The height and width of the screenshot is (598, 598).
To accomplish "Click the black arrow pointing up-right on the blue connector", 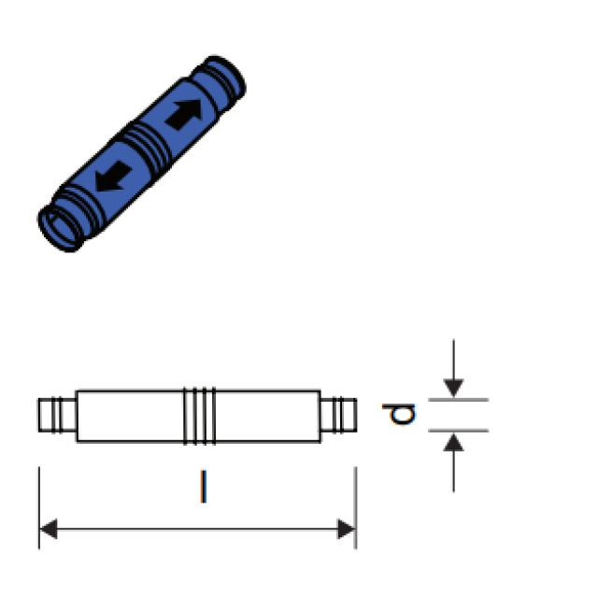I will (185, 114).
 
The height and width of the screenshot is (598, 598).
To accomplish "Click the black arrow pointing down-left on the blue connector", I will (112, 175).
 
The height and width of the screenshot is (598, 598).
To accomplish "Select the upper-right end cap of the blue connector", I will (225, 78).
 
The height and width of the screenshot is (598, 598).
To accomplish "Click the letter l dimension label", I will (202, 487).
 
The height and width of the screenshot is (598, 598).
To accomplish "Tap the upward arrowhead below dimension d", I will (453, 443).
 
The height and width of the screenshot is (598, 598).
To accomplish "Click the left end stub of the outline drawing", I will (57, 415).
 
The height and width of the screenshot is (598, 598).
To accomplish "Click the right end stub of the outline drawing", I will (338, 415).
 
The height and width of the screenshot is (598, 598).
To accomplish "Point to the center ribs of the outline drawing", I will (199, 415).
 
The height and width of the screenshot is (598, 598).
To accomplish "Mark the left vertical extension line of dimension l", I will (39, 495).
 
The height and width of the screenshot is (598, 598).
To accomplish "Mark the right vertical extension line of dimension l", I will (356, 495).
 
